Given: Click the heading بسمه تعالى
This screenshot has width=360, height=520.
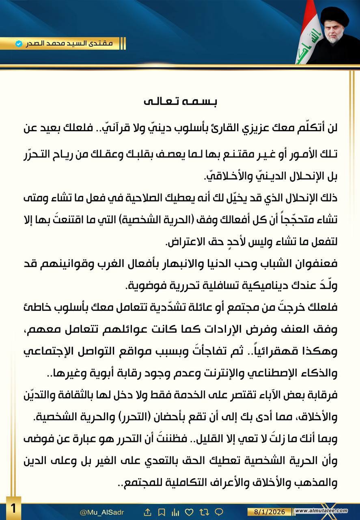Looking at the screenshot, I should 180,102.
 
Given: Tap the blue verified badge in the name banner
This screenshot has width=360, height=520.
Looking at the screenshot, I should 19,43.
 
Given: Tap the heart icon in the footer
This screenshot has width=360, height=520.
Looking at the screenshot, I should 188,511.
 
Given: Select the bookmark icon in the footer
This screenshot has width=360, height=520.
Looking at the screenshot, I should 161,511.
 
